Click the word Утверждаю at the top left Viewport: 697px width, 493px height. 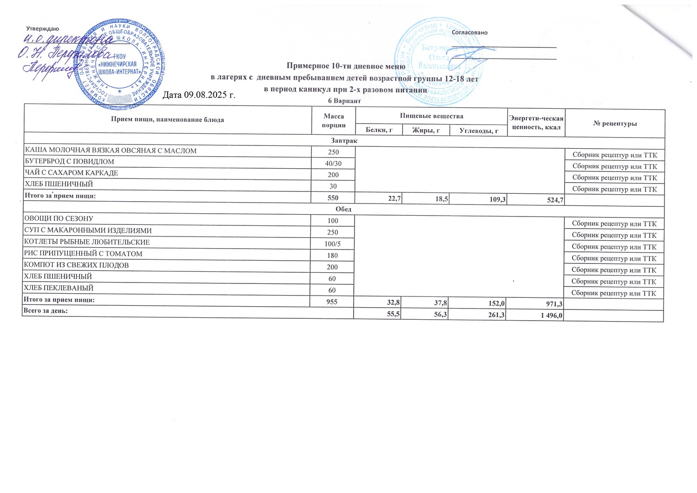click(x=42, y=29)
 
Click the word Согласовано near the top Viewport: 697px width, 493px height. click(x=470, y=33)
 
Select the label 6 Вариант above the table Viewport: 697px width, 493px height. click(x=344, y=101)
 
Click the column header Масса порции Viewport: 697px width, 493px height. click(x=334, y=120)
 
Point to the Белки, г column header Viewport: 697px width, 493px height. click(x=379, y=131)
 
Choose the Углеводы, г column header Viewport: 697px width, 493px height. click(x=479, y=131)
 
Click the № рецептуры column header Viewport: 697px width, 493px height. click(x=615, y=123)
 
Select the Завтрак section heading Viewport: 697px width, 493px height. click(x=344, y=140)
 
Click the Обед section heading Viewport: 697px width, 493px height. click(x=343, y=209)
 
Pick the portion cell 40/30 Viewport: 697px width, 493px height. click(x=333, y=164)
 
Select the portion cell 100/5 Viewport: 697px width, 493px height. click(x=333, y=244)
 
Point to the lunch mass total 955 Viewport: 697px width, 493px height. click(x=332, y=301)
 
